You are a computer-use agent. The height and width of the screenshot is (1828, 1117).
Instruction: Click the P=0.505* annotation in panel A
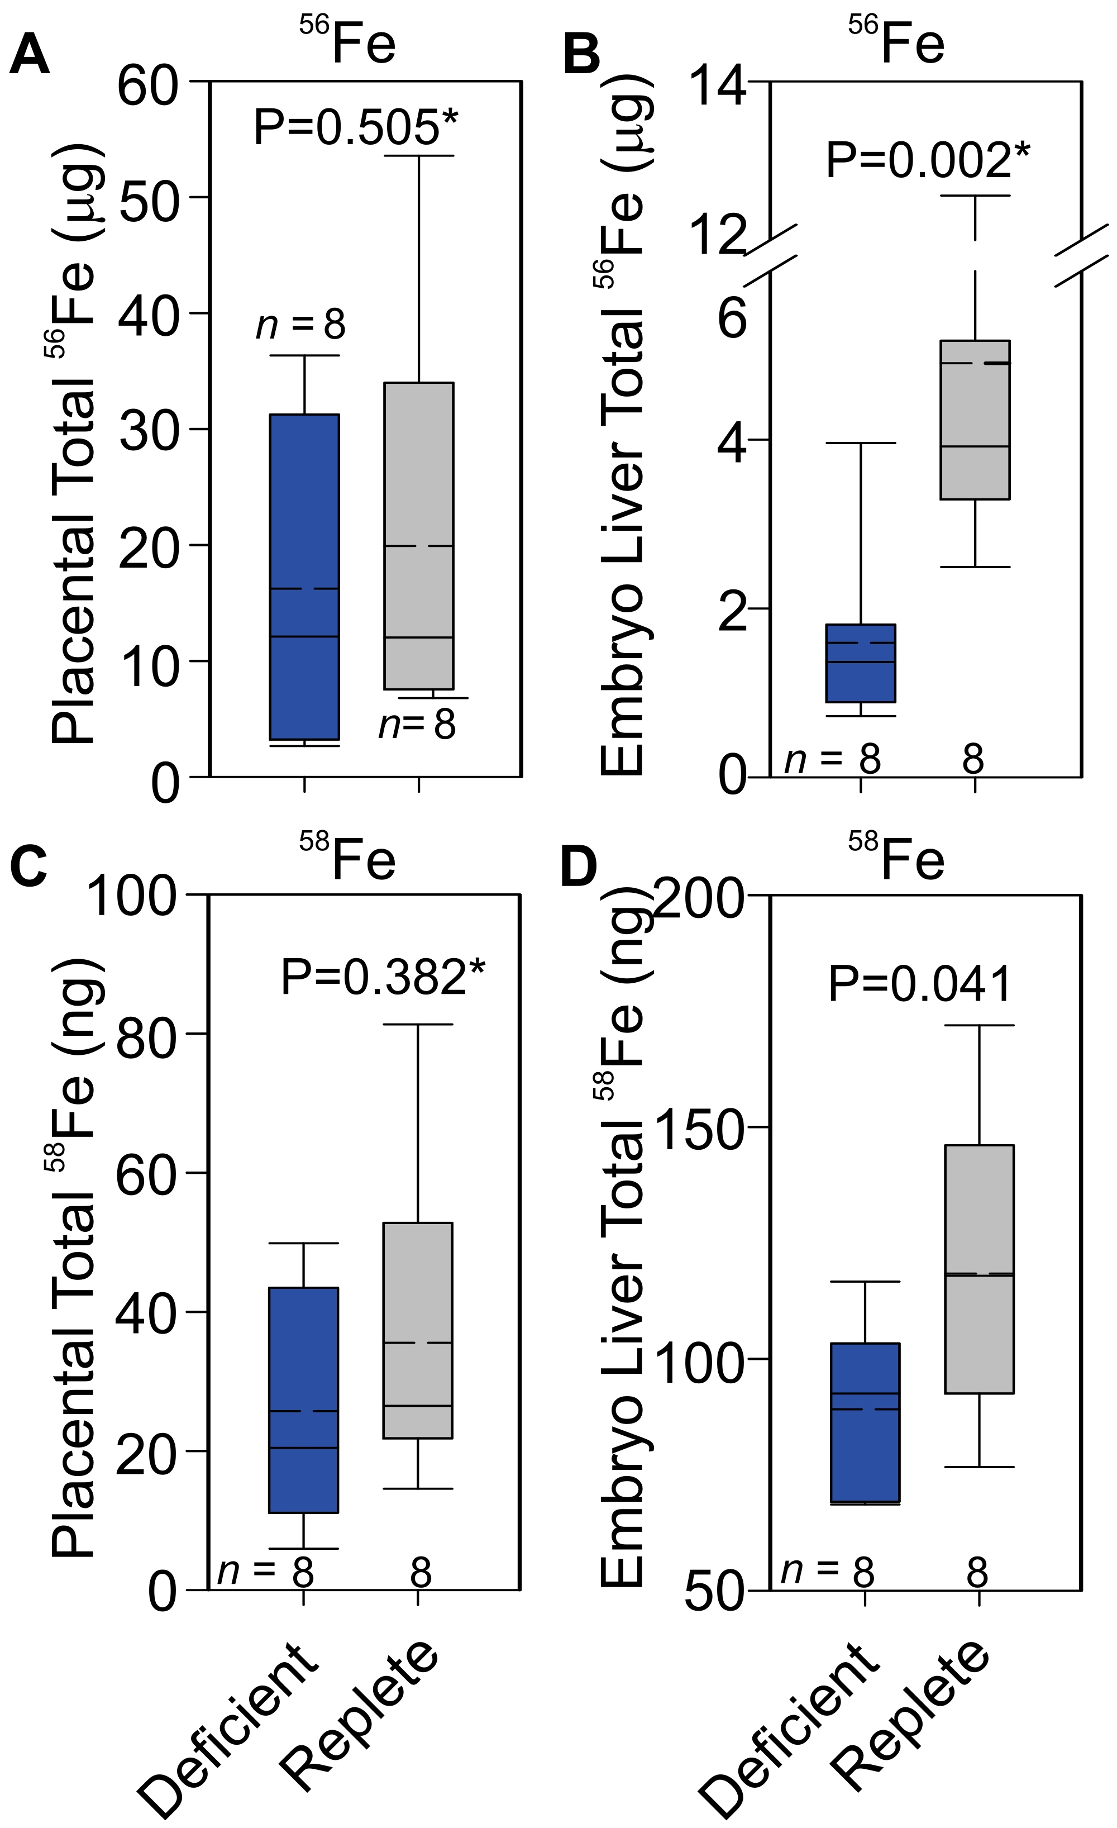pos(356,127)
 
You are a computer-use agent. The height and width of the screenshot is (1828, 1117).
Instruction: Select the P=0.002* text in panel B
pos(928,160)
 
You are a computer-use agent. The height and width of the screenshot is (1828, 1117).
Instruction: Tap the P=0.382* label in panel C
pos(383,977)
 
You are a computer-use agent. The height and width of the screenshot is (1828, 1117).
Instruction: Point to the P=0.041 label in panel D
pos(920,984)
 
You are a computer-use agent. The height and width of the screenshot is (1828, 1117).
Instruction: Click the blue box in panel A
pos(304,577)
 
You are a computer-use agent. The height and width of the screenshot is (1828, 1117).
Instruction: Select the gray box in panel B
pos(975,420)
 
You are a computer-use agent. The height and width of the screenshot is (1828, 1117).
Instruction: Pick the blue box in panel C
pos(303,1399)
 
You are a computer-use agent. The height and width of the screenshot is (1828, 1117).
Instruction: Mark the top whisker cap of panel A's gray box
pos(418,156)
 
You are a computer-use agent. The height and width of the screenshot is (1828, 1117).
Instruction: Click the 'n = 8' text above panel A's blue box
pos(301,324)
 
